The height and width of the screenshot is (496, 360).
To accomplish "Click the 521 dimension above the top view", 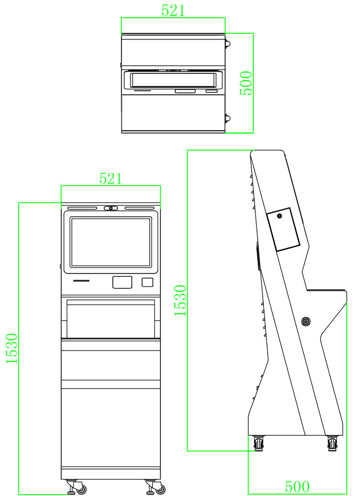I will tap(173, 10).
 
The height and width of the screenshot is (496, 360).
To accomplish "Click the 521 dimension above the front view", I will tap(111, 178).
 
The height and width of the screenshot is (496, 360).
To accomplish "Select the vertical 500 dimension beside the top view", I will tap(246, 83).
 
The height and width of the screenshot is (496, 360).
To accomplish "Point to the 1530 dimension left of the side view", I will tap(180, 300).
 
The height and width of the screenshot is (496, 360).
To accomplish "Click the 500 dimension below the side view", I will tap(297, 487).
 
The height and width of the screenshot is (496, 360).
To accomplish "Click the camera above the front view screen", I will tap(111, 208).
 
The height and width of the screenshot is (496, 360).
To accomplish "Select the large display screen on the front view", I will tap(111, 242).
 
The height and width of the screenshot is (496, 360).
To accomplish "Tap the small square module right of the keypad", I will tap(147, 282).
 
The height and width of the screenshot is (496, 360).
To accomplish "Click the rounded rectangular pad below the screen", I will tap(122, 282).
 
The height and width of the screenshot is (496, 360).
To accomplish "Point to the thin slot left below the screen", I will tap(81, 280).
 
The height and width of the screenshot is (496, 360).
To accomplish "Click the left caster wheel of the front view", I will tap(81, 489).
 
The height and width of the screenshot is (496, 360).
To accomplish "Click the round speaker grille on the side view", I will tap(306, 321).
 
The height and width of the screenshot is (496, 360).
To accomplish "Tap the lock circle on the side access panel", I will tap(279, 216).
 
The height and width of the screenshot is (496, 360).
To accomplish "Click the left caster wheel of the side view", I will tap(259, 444).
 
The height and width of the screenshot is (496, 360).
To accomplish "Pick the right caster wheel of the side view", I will tap(333, 444).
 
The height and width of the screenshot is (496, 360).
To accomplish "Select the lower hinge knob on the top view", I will tap(228, 119).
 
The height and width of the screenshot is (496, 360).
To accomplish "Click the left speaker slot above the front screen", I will tap(82, 208).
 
